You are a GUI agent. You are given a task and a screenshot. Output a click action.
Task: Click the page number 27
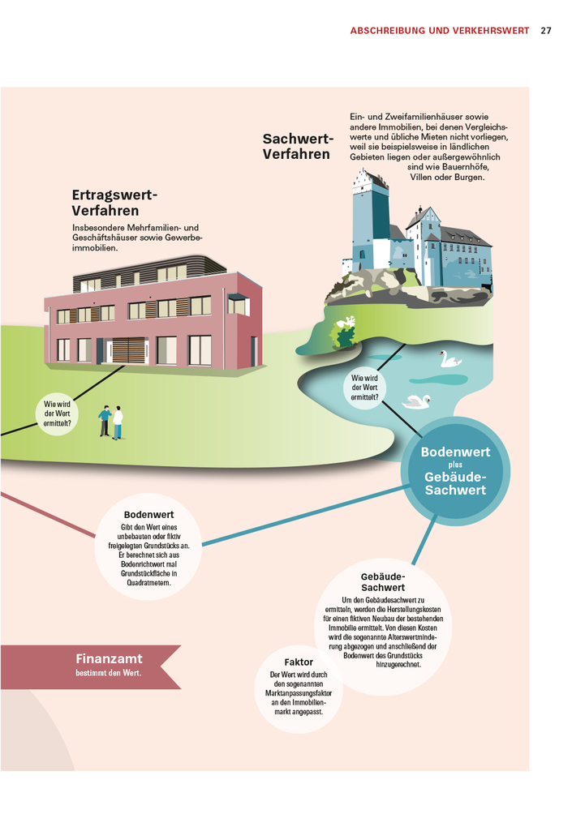click(546, 31)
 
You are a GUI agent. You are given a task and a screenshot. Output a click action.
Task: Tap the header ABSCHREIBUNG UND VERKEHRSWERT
click(439, 31)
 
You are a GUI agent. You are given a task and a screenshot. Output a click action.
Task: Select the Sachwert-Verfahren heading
click(298, 147)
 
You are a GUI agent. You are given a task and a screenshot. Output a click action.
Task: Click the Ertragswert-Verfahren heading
click(114, 203)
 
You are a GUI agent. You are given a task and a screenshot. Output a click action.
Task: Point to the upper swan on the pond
click(449, 359)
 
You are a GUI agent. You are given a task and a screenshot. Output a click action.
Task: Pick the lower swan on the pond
click(417, 401)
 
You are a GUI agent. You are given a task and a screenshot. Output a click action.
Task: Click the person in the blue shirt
click(105, 421)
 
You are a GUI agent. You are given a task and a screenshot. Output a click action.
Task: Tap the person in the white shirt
click(118, 422)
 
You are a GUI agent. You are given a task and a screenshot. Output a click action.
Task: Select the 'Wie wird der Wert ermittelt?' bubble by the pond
click(364, 388)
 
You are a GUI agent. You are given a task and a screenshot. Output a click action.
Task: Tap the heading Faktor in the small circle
click(299, 662)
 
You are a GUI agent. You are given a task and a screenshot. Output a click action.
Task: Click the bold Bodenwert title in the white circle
click(148, 515)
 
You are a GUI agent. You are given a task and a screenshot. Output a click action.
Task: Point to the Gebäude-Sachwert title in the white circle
click(382, 581)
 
